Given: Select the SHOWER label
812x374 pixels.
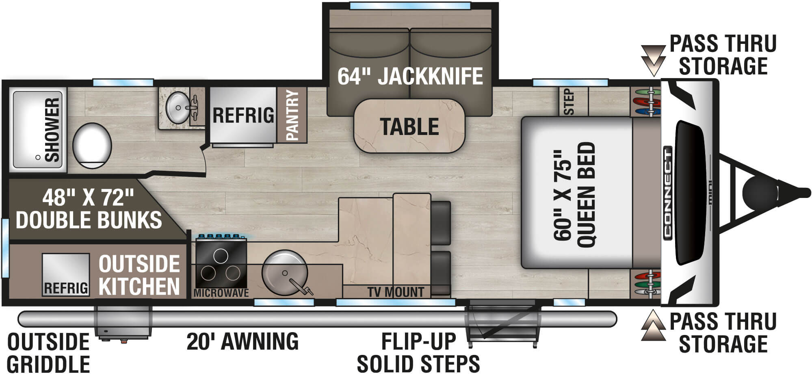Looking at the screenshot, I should click(52, 129).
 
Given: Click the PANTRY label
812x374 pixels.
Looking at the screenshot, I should click(292, 115).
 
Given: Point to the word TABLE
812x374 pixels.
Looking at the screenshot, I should click(409, 126).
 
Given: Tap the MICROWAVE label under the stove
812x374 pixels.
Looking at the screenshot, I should click(221, 293).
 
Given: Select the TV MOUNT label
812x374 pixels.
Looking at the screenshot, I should click(396, 292).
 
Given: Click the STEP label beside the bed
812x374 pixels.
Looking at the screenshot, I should click(569, 102).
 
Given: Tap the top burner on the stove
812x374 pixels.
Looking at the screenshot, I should click(221, 256).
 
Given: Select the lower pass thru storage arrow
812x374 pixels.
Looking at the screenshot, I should click(653, 325).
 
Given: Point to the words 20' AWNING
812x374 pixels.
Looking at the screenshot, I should click(243, 341).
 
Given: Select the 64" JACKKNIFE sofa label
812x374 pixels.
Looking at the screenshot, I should click(410, 76).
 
